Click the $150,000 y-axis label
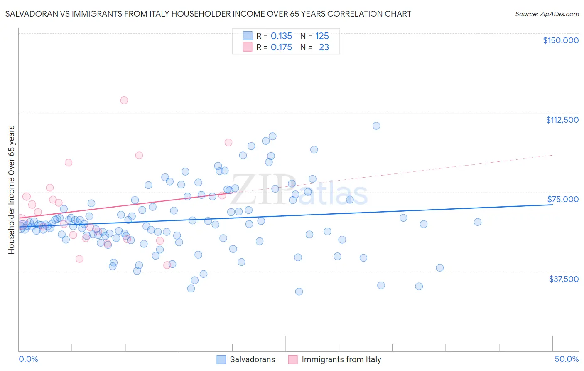560,40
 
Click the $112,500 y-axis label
562,120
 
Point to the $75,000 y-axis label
563,199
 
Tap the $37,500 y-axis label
564,279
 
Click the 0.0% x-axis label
28,359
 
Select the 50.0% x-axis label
567,359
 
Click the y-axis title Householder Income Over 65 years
12,189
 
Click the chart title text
208,14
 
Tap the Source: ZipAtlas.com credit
547,14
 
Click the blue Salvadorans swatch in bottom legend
221,359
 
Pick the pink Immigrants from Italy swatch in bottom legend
293,359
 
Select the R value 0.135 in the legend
281,36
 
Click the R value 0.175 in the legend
281,47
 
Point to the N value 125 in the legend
322,36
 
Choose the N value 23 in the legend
324,47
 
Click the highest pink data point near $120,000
124,100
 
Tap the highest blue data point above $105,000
376,126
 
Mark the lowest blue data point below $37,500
299,292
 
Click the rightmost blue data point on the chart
478,222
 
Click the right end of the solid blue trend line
552,205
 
